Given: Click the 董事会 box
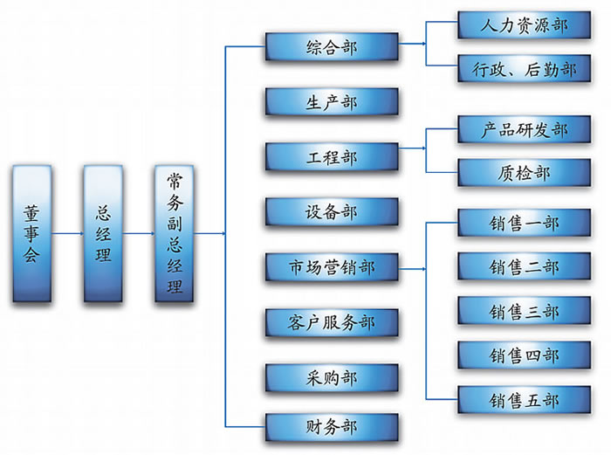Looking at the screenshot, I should pos(32,233).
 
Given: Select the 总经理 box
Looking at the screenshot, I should pos(103,233).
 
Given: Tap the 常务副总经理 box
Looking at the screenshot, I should pos(175,233).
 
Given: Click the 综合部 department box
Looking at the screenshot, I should pos(332,48).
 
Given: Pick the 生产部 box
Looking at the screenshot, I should pos(332,102).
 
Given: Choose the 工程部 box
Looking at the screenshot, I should pos(332,157).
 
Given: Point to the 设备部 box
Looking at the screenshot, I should pos(332,212).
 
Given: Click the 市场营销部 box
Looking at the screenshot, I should pos(332,267).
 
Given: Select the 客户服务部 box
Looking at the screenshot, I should pos(332,322).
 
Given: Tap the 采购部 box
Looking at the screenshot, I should pos(332,376).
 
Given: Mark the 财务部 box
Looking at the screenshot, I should pos(332,427).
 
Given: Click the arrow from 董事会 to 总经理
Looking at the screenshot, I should pos(67,233).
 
